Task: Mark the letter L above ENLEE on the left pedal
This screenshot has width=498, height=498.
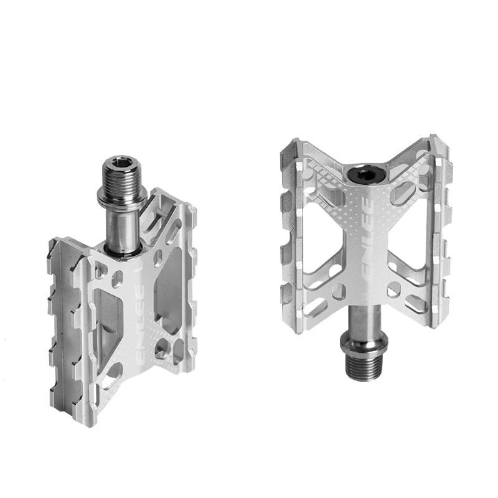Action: tap(144, 272)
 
